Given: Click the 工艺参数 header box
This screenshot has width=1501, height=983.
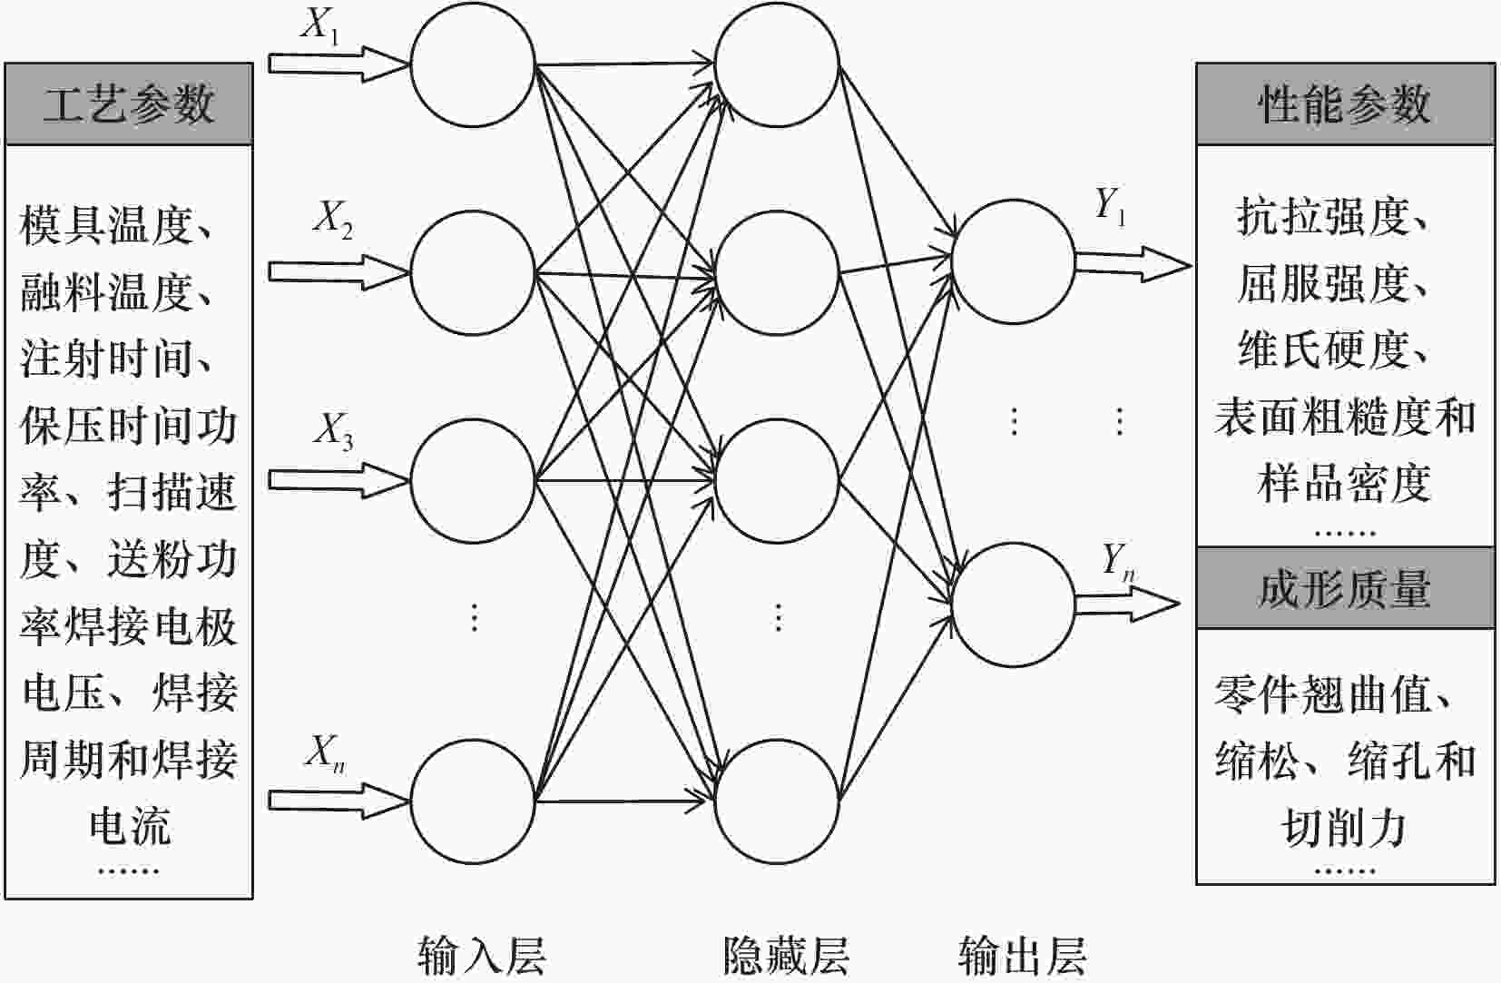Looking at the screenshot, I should point(128,103).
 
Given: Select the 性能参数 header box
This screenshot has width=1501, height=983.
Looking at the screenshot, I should point(1344,103).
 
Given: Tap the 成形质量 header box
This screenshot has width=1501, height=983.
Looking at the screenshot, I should point(1344,588).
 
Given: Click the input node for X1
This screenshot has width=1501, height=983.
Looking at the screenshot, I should point(472,65).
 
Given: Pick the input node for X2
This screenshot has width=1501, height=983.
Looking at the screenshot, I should point(472,272).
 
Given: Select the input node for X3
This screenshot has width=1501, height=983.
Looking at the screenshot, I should point(472,480).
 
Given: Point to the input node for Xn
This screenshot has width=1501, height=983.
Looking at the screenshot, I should point(472,801).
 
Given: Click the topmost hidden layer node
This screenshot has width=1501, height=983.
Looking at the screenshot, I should point(777,65).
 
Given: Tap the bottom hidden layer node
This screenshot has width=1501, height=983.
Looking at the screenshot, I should point(777,801).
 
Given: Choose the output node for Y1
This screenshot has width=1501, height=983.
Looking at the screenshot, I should point(1013,261).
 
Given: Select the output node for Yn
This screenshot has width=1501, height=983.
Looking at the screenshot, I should point(1013,605).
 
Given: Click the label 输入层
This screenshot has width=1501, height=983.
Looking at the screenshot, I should point(481,955).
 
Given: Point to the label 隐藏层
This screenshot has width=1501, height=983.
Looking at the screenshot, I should point(786,955).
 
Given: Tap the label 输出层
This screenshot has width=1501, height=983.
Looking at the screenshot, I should point(1022,955).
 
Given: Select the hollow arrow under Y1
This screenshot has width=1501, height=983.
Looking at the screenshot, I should point(1131,264).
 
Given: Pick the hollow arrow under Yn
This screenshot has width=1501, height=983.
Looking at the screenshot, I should point(1125,603).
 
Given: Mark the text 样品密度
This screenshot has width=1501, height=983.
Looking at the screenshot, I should point(1344,483).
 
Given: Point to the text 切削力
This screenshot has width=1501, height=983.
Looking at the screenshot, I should point(1344,826).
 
